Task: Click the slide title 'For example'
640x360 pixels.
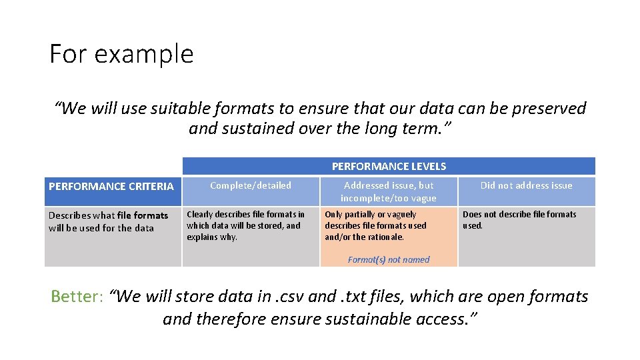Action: tap(121, 53)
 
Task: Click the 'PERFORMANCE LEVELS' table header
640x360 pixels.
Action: tap(389, 166)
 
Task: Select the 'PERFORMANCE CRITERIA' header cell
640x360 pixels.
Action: tap(111, 186)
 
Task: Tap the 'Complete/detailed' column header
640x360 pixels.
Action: tap(251, 185)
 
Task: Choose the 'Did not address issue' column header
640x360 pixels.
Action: tap(526, 185)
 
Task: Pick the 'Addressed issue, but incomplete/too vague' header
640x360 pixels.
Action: tap(389, 191)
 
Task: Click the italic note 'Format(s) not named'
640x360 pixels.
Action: tap(389, 259)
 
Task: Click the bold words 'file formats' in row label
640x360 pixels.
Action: tap(143, 215)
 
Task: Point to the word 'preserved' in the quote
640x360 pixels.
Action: tap(547, 108)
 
